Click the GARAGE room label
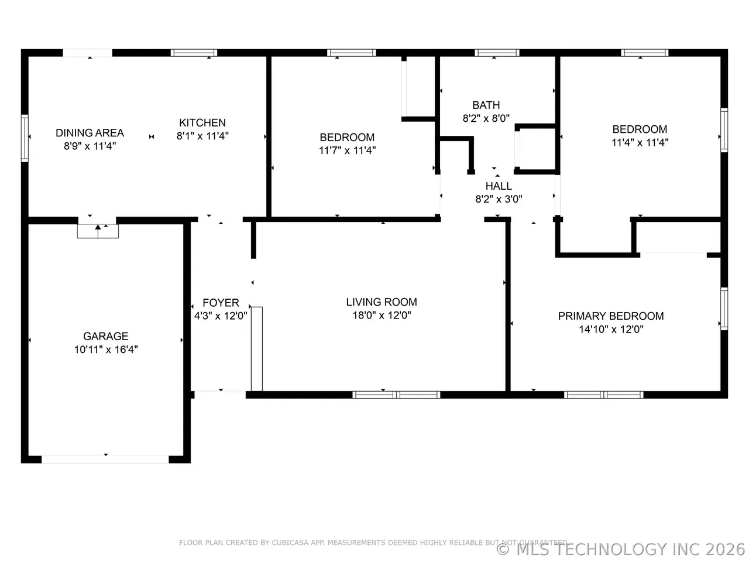pos(106,336)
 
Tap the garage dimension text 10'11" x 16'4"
pos(106,349)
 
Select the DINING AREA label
pos(90,133)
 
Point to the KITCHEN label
pos(202,122)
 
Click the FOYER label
pos(221,303)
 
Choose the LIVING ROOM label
pos(382,302)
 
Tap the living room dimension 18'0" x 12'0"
pos(382,315)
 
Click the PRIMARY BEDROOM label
pos(611,316)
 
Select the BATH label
pos(486,105)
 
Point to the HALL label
pos(499,186)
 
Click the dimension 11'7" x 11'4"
pos(347,150)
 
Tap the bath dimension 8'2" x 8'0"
pos(486,118)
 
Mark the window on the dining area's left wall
pos(25,138)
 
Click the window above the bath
pos(497,53)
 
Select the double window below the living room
pos(396,395)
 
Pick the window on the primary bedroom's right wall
pos(724,309)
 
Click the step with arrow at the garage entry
pos(98,231)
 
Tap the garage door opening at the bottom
pos(105,460)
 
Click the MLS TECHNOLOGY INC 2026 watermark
pos(620,550)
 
